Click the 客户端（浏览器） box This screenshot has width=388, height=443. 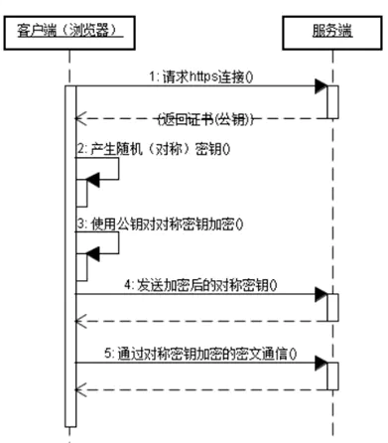point(68,30)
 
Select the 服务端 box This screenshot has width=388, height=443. point(330,30)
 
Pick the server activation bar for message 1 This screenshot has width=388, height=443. point(332,99)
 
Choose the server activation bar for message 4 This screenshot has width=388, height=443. point(332,307)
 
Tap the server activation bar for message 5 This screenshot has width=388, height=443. point(332,376)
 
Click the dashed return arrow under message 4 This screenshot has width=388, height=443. point(198,320)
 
